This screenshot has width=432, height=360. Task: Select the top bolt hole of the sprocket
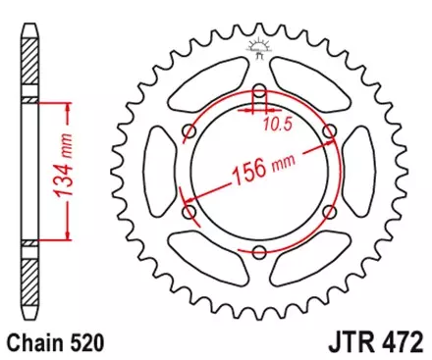258,91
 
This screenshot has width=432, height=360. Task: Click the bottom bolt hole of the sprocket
258,253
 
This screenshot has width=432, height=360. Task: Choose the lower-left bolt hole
189,213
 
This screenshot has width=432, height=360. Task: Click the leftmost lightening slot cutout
156,173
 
